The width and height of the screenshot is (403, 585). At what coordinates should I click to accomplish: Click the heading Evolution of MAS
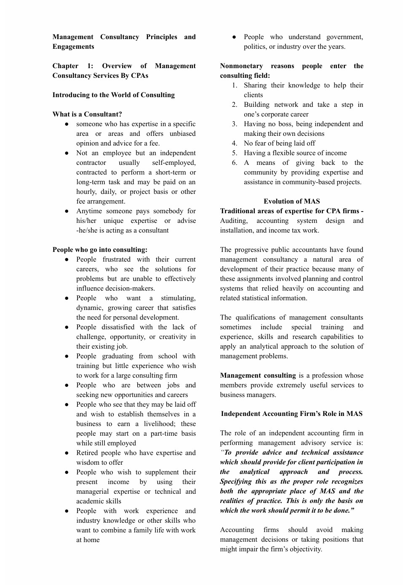(291, 201)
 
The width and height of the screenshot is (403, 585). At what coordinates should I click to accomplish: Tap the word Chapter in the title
(65, 66)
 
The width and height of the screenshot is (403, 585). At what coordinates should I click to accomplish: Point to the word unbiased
(182, 133)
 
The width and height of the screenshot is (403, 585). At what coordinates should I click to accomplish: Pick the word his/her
(86, 220)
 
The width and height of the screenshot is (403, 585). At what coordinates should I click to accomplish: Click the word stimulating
(178, 298)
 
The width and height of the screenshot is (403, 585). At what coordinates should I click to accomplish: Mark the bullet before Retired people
(67, 453)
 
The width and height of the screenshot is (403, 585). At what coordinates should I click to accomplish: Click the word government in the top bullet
(344, 37)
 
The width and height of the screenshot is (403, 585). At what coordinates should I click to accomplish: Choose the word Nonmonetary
(241, 66)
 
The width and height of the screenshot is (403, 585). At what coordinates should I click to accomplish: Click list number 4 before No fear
(235, 143)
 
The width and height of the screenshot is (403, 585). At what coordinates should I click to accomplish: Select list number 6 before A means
(235, 162)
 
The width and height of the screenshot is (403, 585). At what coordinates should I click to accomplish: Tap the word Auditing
(234, 220)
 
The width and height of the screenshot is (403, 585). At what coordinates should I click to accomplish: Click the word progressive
(256, 249)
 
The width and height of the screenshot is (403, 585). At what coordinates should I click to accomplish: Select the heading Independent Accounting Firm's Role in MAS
(291, 413)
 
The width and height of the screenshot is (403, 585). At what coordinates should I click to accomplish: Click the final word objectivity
(304, 549)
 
